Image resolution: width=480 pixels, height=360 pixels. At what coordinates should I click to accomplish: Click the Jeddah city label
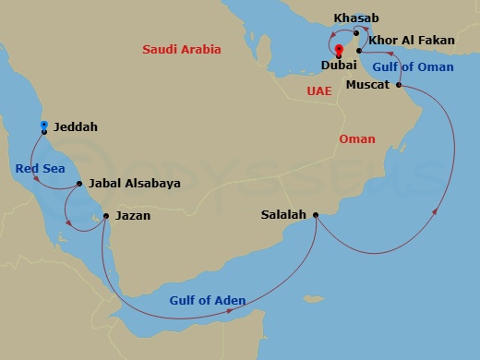(x=76, y=127)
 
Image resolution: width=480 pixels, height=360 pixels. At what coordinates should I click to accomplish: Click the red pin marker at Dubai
(x=339, y=50)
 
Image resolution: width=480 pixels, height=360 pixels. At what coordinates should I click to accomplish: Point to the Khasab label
(x=356, y=18)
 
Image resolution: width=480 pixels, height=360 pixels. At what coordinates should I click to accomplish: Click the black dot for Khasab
(x=355, y=33)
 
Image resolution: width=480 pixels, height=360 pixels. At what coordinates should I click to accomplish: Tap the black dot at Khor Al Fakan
(x=359, y=48)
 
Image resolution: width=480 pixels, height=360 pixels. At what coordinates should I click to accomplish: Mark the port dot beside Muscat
(x=400, y=86)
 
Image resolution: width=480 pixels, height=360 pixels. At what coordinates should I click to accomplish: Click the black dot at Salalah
(x=316, y=215)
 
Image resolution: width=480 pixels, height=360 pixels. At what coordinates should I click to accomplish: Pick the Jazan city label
(x=131, y=216)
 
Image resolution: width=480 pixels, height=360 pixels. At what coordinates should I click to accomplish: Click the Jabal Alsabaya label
(x=134, y=184)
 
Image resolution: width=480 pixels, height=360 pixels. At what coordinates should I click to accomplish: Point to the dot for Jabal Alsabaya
(x=79, y=184)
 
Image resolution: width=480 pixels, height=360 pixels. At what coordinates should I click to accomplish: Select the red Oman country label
(x=357, y=139)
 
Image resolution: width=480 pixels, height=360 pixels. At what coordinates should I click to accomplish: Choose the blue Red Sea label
(x=38, y=168)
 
